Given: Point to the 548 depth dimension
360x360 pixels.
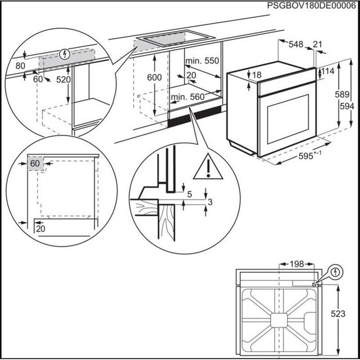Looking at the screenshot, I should pos(296,45).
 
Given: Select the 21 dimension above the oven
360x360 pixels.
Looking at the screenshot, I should pos(319,45).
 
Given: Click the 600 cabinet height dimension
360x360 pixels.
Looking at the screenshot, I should pos(154,77).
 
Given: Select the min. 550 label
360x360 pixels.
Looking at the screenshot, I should pos(202,61).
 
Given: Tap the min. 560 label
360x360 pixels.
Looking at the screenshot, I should pos(189,97).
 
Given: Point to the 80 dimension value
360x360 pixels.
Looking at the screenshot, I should pos(20,65).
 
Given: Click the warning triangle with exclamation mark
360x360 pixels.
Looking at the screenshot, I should pos(207,167).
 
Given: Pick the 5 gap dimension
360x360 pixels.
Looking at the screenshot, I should pos(190,194).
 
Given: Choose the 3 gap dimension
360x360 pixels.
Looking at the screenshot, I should pos(209,203).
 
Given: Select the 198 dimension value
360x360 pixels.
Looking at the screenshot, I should pos(295,264).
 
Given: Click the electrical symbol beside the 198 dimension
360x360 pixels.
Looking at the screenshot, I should pos(335,272).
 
